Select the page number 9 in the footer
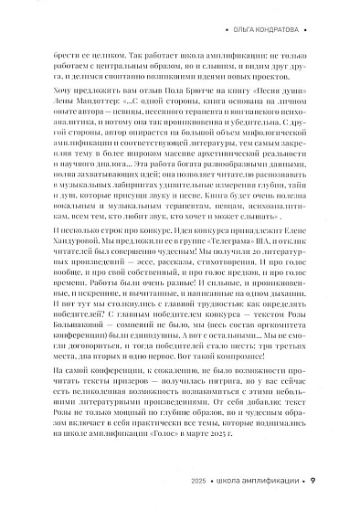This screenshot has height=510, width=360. [313, 482]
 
